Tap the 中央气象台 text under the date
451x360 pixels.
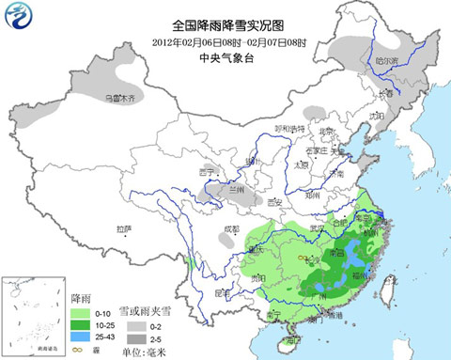pyautogui.click(x=226, y=58)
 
